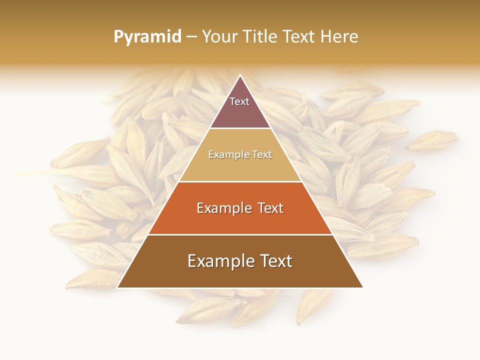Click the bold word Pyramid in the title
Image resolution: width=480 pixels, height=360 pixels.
(147, 37)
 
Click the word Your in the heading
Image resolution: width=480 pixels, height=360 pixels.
(219, 37)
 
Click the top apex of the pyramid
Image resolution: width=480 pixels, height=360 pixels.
(240, 76)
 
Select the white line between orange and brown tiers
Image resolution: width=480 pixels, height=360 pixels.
(240, 234)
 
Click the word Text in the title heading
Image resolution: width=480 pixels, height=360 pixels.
(300, 37)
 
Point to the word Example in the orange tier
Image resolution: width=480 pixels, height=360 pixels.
(223, 208)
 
